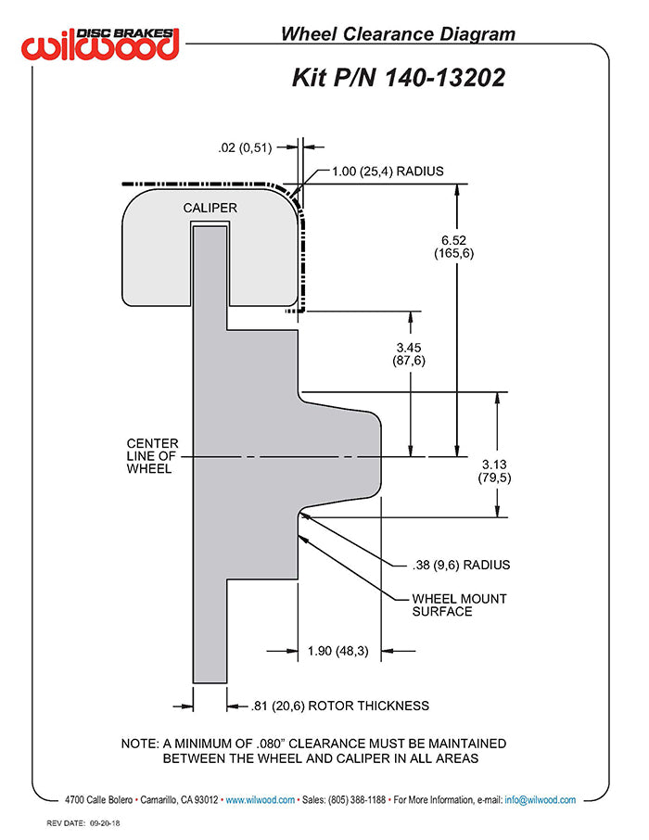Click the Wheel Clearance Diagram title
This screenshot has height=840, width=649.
[x=398, y=34]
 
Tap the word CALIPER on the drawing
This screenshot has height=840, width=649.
[x=210, y=208]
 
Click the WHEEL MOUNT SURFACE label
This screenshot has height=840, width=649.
[x=459, y=605]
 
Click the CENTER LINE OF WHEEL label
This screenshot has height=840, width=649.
[x=153, y=456]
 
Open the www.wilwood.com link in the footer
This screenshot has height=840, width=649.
[x=261, y=799]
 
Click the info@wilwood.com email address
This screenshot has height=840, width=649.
[x=541, y=799]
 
